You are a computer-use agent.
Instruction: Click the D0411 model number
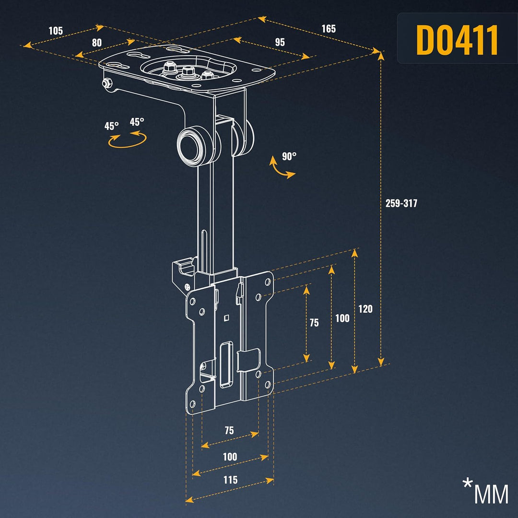(x=457, y=40)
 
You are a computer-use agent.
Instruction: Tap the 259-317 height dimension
(x=401, y=203)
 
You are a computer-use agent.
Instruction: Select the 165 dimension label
(x=329, y=29)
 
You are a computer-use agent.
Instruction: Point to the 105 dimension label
(x=56, y=31)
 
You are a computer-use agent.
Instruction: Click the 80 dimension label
(x=97, y=43)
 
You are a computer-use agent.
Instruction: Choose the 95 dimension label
(x=280, y=42)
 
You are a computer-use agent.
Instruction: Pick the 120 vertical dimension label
(x=365, y=309)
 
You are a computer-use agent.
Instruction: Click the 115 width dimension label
(x=230, y=480)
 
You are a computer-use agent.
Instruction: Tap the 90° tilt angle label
(x=289, y=156)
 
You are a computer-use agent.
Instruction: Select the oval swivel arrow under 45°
(x=127, y=140)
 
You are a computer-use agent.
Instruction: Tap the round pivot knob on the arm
(x=192, y=144)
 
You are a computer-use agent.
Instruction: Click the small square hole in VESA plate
(x=226, y=318)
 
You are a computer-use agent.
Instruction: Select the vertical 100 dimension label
(x=342, y=318)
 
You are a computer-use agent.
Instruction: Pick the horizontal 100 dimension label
(x=230, y=457)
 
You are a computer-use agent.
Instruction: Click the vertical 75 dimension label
(x=314, y=323)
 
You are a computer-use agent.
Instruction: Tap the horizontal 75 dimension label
(x=229, y=430)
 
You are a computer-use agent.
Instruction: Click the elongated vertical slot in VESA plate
(x=226, y=364)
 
